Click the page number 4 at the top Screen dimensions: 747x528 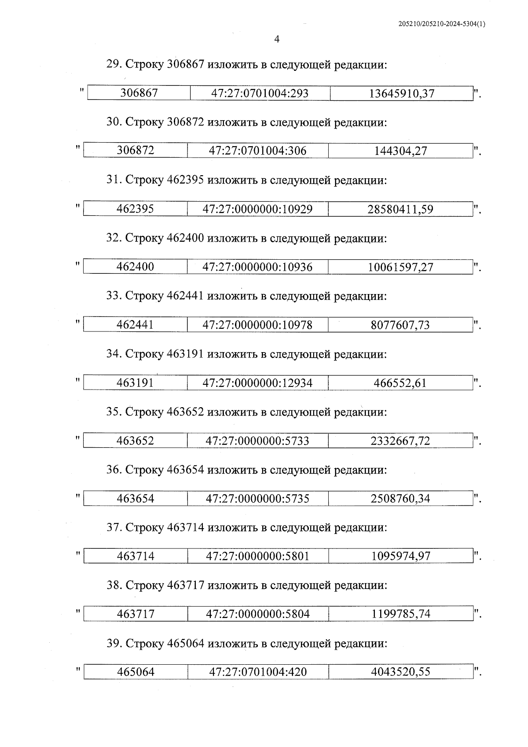coord(276,40)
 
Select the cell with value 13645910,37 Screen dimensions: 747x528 coord(402,93)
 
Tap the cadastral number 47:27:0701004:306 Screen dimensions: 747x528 coord(257,151)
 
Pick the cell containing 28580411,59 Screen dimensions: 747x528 coord(400,209)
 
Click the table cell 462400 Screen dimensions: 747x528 coord(135,267)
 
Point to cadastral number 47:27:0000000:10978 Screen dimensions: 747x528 coord(257,325)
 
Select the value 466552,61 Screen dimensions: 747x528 coord(400,383)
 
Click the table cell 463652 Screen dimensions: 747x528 coord(135,441)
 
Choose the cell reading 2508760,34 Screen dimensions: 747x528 coord(400,499)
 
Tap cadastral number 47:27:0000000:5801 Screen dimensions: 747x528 coord(258,556)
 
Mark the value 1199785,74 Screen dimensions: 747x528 coord(401,614)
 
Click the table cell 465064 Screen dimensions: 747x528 coord(136,672)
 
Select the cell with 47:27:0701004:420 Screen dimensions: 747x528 coord(258,672)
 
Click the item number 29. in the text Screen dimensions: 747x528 coord(114,64)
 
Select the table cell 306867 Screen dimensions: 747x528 coord(139,93)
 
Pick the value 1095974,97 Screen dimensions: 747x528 coord(401,556)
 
